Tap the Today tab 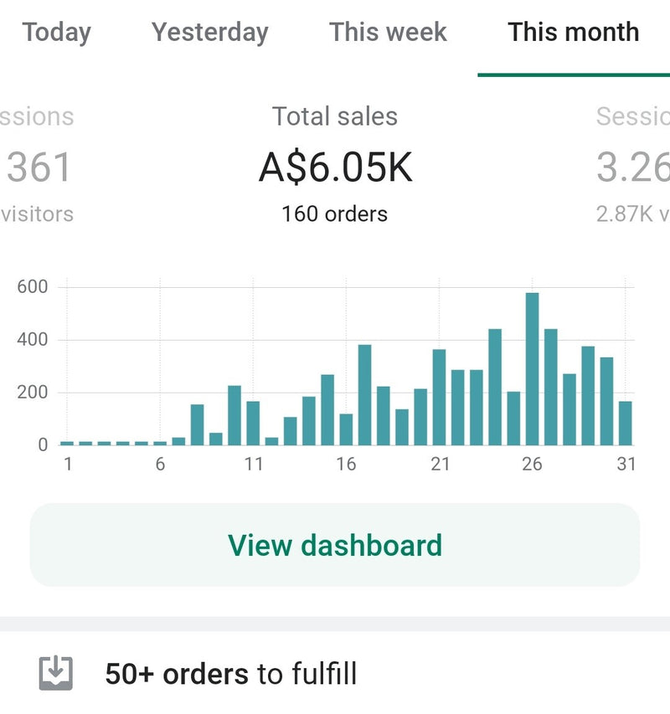pyautogui.click(x=56, y=33)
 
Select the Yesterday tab pyautogui.click(x=210, y=33)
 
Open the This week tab pyautogui.click(x=388, y=33)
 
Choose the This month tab pyautogui.click(x=573, y=33)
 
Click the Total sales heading pyautogui.click(x=335, y=116)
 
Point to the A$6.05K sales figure pyautogui.click(x=335, y=167)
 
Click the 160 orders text pyautogui.click(x=335, y=214)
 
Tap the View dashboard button pyautogui.click(x=335, y=545)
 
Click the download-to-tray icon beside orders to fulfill pyautogui.click(x=56, y=673)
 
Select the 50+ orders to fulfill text pyautogui.click(x=230, y=674)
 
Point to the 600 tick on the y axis pyautogui.click(x=33, y=287)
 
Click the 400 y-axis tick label pyautogui.click(x=33, y=340)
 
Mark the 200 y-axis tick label pyautogui.click(x=33, y=393)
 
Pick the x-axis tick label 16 pyautogui.click(x=346, y=465)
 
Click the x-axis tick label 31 pyautogui.click(x=626, y=465)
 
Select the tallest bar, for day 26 pyautogui.click(x=532, y=369)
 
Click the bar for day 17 pyautogui.click(x=364, y=395)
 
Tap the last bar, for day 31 pyautogui.click(x=625, y=424)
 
